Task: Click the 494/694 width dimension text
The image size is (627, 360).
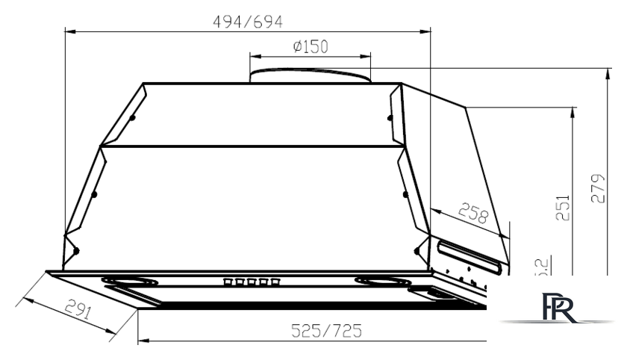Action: click(x=249, y=22)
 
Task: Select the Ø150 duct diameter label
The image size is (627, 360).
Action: click(x=311, y=47)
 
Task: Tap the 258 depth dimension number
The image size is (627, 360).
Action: click(x=472, y=214)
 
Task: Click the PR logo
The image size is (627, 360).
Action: click(x=559, y=308)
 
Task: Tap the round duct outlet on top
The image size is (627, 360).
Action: click(x=310, y=75)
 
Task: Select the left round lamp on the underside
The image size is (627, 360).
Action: click(x=130, y=282)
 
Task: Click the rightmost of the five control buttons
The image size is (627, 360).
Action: click(x=276, y=282)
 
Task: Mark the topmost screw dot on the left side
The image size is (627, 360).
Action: click(x=132, y=118)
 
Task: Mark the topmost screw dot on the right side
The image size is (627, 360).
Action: click(x=389, y=116)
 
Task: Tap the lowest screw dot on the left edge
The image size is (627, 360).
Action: click(x=75, y=251)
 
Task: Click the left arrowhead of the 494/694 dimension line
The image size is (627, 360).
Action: click(x=69, y=31)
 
